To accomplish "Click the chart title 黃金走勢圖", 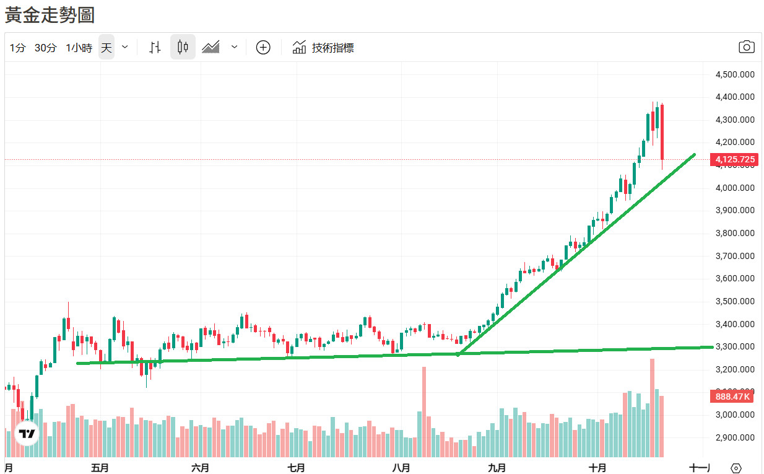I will (50, 15).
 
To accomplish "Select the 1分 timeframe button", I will (17, 48).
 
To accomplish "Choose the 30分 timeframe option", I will (45, 48).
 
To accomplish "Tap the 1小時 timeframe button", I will (79, 48).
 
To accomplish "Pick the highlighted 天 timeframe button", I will (106, 48).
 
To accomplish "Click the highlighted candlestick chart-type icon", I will (183, 47).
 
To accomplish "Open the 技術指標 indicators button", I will (323, 48).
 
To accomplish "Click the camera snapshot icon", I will (747, 47).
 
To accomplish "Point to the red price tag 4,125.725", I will (735, 159).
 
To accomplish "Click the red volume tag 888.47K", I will (733, 397).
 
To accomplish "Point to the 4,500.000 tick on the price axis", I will (735, 74).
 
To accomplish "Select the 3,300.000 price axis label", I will (735, 346).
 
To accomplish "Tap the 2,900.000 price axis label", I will (735, 437).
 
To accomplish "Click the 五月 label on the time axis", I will (100, 467).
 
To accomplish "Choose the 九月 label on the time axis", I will (496, 467).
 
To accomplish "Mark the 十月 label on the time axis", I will (597, 467).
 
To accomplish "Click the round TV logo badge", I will (27, 433).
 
